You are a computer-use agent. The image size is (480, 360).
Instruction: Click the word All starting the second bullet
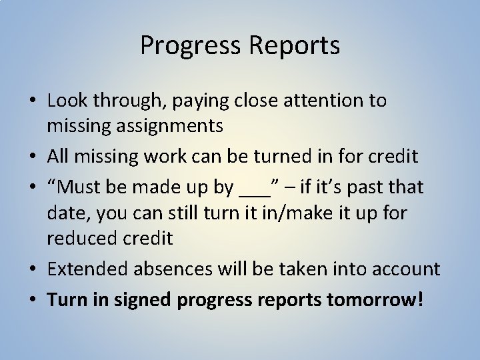59,157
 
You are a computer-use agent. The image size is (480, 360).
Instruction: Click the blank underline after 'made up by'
253,190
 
